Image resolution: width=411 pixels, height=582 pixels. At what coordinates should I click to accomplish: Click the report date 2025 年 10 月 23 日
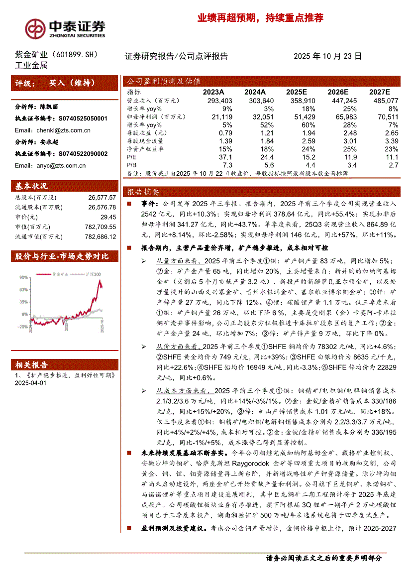327,57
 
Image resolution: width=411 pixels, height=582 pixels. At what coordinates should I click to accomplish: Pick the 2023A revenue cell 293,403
219,101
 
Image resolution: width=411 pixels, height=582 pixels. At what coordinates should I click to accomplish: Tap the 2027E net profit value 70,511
386,116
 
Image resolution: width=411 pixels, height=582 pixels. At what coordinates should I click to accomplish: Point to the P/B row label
131,164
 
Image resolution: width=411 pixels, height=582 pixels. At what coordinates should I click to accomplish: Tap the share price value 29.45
108,217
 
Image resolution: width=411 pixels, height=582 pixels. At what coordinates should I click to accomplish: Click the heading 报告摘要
143,192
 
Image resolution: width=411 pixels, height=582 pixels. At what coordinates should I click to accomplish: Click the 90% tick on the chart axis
23,277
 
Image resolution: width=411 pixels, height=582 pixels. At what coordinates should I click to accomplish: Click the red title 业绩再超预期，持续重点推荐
260,18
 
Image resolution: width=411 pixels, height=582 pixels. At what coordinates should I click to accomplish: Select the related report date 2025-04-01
30,383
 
